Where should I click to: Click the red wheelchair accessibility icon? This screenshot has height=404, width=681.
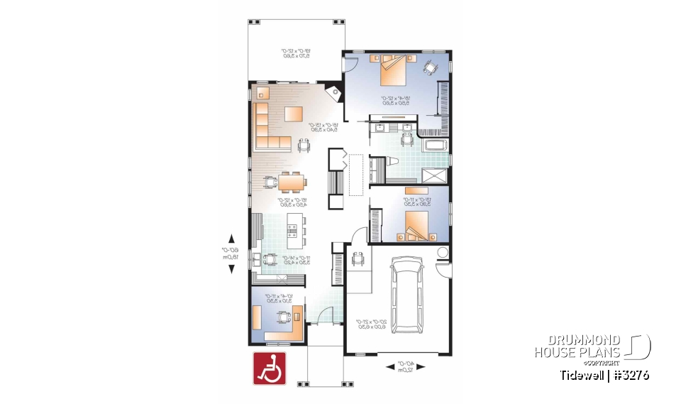click(x=270, y=369)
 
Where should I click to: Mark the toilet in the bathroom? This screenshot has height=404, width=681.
click(x=392, y=165)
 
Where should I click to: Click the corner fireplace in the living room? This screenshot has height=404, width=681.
click(x=331, y=93)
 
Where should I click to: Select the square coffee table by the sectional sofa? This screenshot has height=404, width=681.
click(x=294, y=114)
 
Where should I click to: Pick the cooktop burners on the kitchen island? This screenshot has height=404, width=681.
click(x=293, y=229)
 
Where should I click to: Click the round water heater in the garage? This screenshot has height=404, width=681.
click(x=443, y=253)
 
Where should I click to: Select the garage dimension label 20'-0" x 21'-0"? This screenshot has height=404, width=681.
click(x=370, y=325)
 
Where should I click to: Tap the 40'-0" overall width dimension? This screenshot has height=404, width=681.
click(x=404, y=367)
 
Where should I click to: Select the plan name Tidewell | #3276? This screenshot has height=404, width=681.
click(x=603, y=375)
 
